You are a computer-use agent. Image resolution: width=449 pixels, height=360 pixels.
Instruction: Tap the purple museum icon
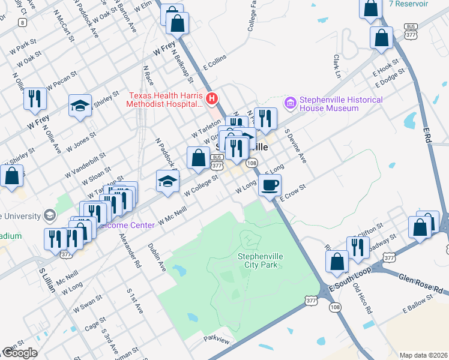pyautogui.click(x=291, y=103)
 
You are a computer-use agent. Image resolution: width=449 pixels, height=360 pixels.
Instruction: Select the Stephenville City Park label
pyautogui.click(x=261, y=260)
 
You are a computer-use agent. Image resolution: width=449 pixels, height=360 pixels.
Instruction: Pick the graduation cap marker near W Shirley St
pyautogui.click(x=80, y=106)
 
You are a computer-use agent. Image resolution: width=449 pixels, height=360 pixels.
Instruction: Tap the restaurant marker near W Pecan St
pyautogui.click(x=35, y=98)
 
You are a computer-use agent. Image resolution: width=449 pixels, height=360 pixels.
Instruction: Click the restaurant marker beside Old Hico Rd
pyautogui.click(x=358, y=247)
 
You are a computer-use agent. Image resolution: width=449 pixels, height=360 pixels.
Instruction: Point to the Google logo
pyautogui.click(x=19, y=353)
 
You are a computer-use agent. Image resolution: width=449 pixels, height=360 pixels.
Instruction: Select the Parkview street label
pyautogui.click(x=216, y=340)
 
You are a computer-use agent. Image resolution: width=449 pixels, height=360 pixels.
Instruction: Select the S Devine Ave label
pyautogui.click(x=295, y=146)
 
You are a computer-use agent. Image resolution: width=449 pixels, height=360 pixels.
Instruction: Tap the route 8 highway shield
pyautogui.click(x=22, y=22)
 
